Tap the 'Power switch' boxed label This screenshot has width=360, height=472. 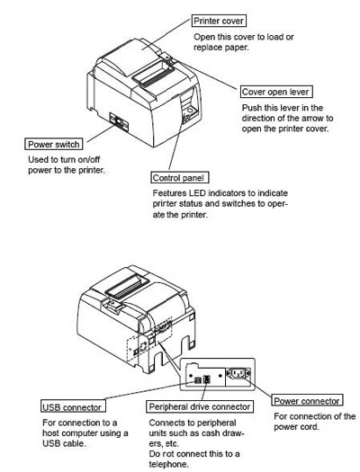coord(55,144)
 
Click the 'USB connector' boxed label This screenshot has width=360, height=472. coord(71,407)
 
